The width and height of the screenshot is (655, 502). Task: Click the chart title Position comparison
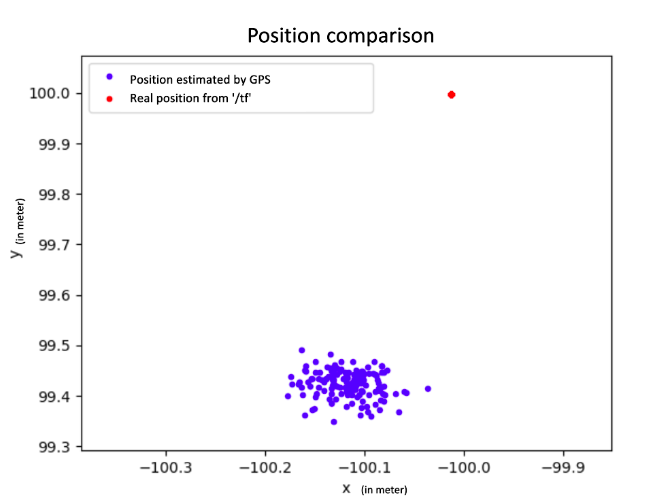[x=340, y=35]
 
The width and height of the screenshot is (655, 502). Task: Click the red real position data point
[x=451, y=95]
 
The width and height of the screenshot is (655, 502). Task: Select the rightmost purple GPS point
[x=428, y=388]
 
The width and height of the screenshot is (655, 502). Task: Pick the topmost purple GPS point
[x=302, y=350]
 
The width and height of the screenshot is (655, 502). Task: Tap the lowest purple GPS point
[x=334, y=422]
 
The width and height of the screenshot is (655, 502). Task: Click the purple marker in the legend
[x=109, y=76]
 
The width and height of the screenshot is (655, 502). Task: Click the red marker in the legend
[x=109, y=99]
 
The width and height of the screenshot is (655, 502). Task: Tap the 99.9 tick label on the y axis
[x=58, y=144]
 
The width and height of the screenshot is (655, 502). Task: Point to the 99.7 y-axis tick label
[x=58, y=244]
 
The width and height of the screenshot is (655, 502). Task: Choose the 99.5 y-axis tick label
[x=58, y=346]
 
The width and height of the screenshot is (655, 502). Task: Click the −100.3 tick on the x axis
[x=165, y=469]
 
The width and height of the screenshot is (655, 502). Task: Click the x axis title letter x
[x=346, y=488]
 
